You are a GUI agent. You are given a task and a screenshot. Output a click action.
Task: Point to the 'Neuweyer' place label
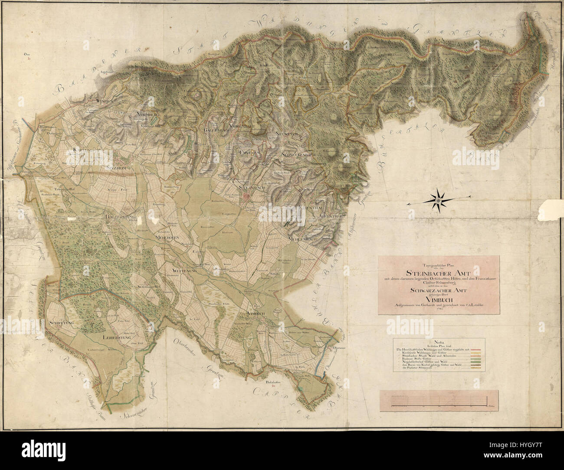coord(285,134)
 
